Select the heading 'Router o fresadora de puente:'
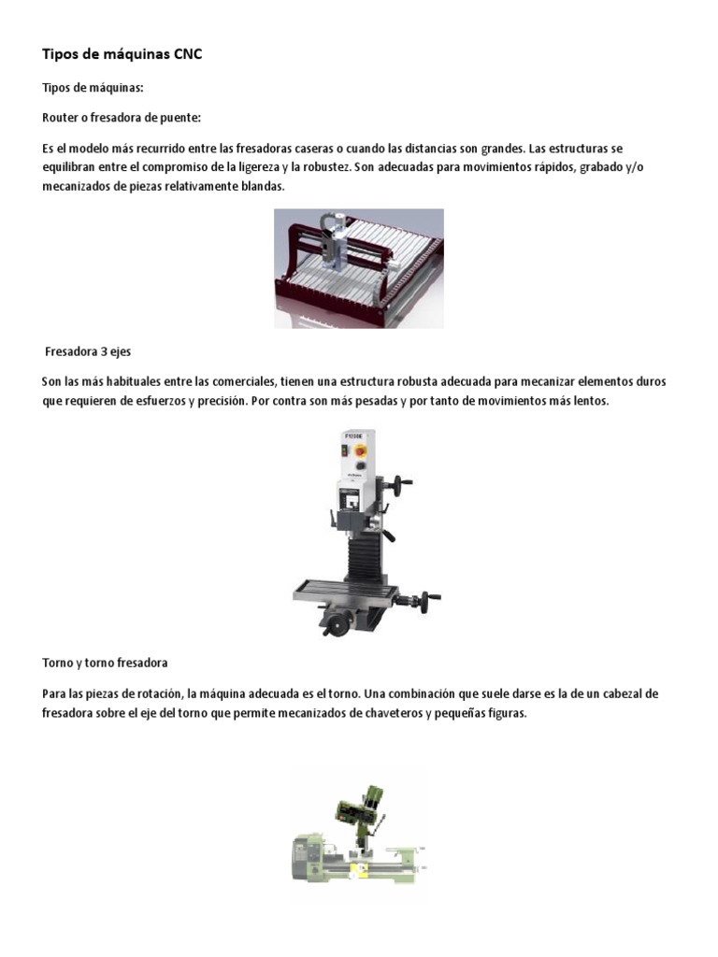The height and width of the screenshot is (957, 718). (x=122, y=118)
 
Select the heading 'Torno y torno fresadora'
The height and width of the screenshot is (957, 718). (x=105, y=663)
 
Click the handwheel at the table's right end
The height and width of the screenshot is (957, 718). (x=431, y=601)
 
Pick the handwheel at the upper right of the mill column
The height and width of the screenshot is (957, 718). (x=403, y=484)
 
